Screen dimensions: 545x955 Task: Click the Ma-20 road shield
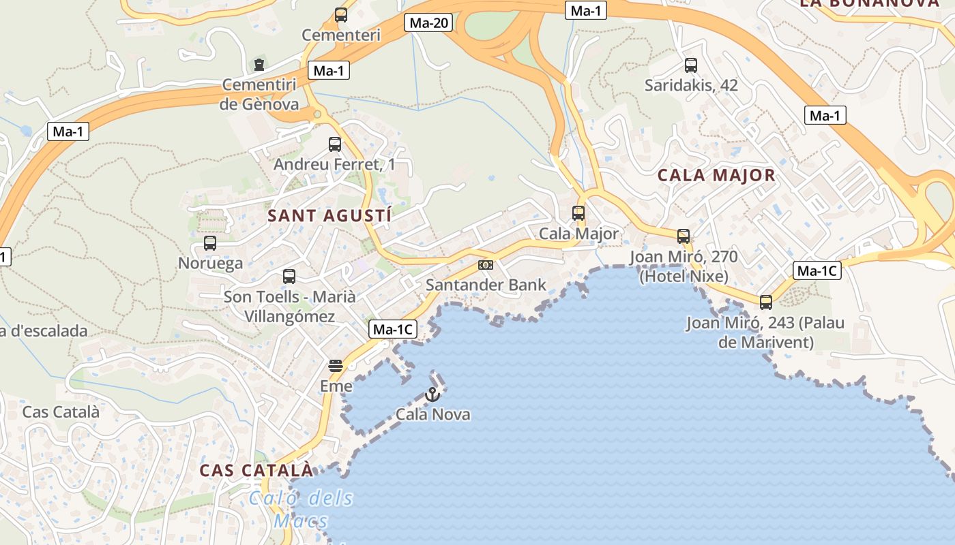pyautogui.click(x=429, y=22)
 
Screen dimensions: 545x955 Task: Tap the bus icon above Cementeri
pyautogui.click(x=340, y=14)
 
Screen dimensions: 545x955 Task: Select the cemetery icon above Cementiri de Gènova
pyautogui.click(x=259, y=65)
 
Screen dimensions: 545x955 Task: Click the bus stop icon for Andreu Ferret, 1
pyautogui.click(x=334, y=144)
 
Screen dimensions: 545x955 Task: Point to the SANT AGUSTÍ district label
pyautogui.click(x=329, y=216)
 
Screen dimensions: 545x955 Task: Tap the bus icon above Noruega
pyautogui.click(x=210, y=243)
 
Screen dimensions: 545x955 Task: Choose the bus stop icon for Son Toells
pyautogui.click(x=289, y=277)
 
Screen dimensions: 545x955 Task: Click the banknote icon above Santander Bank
pyautogui.click(x=486, y=264)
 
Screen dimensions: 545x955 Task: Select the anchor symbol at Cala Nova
pyautogui.click(x=432, y=394)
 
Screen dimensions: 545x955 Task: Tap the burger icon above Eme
pyautogui.click(x=335, y=366)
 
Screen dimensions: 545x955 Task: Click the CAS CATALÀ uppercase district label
pyautogui.click(x=256, y=470)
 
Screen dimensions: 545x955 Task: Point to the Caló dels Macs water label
pyautogui.click(x=301, y=509)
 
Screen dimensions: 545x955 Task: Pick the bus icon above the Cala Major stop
pyautogui.click(x=578, y=213)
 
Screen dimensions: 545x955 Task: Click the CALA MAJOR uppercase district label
pyautogui.click(x=716, y=175)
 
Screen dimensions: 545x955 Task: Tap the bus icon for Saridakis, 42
pyautogui.click(x=691, y=65)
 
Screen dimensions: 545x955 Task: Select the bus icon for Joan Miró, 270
pyautogui.click(x=684, y=236)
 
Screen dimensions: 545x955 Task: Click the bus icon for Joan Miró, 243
pyautogui.click(x=766, y=302)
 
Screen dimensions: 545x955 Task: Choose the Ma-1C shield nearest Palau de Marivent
pyautogui.click(x=817, y=270)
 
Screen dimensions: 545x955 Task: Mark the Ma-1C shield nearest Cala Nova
pyautogui.click(x=392, y=330)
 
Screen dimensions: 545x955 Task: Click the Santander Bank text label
pyautogui.click(x=486, y=285)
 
